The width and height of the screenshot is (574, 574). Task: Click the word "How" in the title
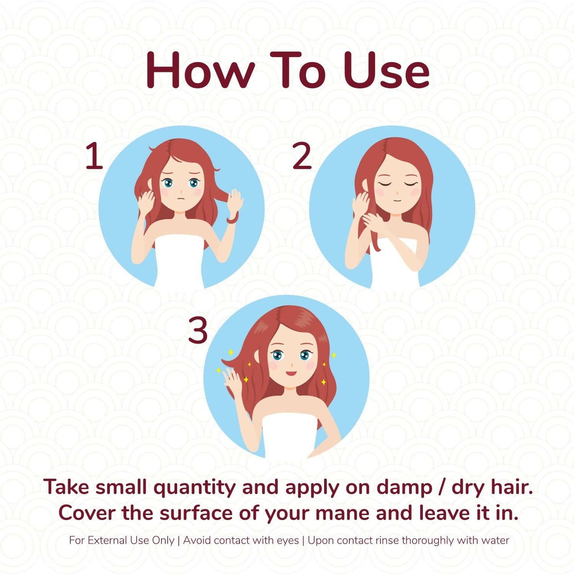tap(201, 70)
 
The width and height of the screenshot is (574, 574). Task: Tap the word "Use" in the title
tap(387, 70)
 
